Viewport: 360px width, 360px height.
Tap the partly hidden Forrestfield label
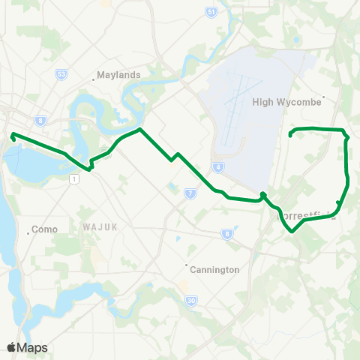tap(307, 216)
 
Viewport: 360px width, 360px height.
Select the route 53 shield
tap(61, 74)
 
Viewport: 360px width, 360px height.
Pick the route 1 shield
tap(73, 178)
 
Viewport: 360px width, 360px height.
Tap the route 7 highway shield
tap(190, 194)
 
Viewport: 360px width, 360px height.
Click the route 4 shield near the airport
tap(217, 166)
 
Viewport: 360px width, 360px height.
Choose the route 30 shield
tap(191, 300)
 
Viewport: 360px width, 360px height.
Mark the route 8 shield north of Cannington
tap(226, 235)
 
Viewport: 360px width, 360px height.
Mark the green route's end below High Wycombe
tap(290, 136)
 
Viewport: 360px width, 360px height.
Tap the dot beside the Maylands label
tap(93, 76)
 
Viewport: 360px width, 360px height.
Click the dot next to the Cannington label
tap(187, 264)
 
